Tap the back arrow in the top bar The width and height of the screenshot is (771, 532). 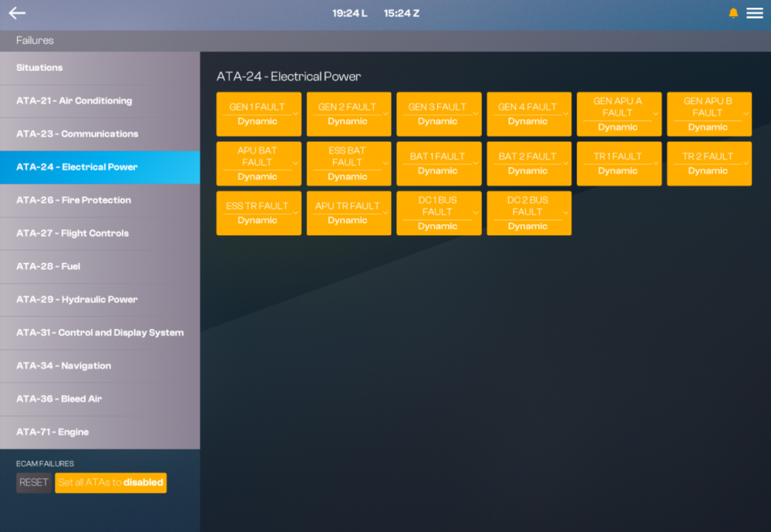click(x=17, y=13)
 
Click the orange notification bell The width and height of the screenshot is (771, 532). click(x=733, y=13)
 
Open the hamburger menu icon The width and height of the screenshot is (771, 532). click(x=754, y=13)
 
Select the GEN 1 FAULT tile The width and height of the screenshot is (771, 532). click(x=258, y=114)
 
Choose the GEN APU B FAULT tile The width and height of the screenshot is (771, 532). click(x=709, y=114)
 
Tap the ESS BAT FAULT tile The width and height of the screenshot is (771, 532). click(x=348, y=163)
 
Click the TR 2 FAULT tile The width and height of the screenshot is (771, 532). click(x=709, y=163)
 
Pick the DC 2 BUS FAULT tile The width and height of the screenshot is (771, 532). click(x=529, y=213)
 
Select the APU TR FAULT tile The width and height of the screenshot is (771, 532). click(x=348, y=213)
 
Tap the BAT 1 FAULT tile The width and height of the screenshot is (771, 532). click(x=439, y=163)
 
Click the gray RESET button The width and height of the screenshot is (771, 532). click(x=33, y=483)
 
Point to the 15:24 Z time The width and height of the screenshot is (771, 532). click(x=401, y=13)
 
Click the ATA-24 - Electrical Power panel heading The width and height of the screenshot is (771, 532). click(x=288, y=76)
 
